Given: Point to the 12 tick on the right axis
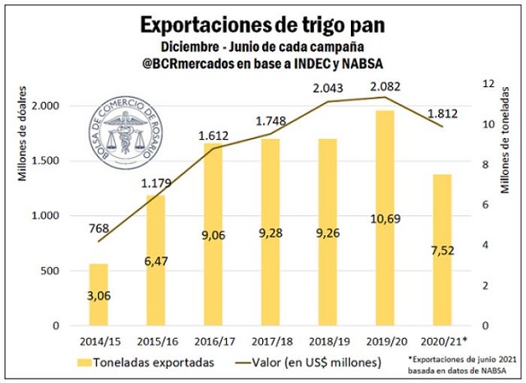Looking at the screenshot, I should [x=487, y=84].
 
